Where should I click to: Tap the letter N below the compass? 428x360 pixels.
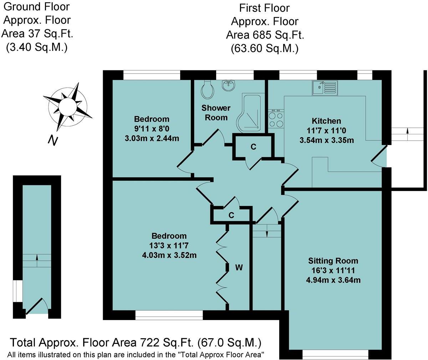pos(53,140)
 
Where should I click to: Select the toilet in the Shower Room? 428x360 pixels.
pos(208,90)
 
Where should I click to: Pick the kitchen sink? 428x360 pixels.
pos(324,87)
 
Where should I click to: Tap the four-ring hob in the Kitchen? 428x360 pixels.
pos(275,120)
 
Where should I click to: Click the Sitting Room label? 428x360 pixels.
pos(333,261)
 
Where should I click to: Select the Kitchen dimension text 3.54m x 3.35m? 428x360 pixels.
pos(327,140)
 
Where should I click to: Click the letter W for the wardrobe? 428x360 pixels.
pos(239,267)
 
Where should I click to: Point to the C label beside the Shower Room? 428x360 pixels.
pos(253,147)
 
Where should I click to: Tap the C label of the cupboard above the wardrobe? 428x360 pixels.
pos(231,215)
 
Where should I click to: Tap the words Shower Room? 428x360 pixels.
pos(216,112)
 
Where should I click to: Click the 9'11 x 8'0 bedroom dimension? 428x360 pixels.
pos(152,129)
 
